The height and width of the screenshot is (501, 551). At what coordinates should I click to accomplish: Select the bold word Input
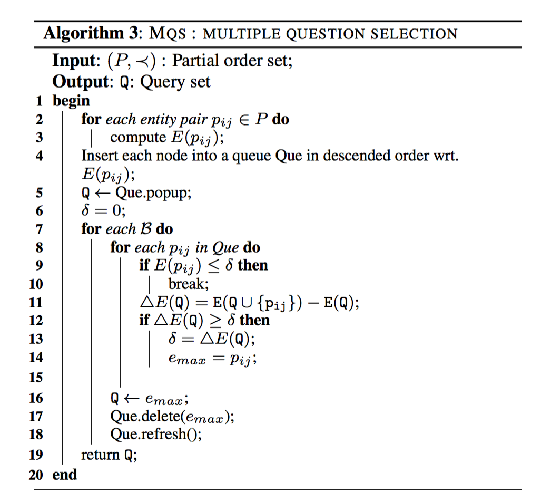(73, 61)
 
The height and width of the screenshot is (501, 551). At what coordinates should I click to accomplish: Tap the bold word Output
(78, 82)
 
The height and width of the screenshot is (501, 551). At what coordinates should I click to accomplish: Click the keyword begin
(71, 100)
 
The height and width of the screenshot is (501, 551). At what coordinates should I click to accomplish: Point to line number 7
(39, 229)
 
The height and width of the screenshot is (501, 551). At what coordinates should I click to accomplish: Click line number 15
(36, 378)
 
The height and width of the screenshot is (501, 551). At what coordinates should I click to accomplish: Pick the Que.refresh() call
(155, 435)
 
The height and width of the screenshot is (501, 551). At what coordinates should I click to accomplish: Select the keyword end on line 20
(65, 474)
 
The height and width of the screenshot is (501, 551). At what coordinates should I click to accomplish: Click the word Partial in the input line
(193, 61)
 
